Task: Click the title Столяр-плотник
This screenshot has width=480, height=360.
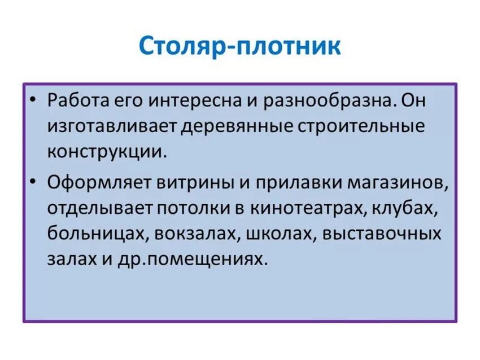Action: click(x=240, y=46)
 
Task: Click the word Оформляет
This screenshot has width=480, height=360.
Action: click(x=91, y=183)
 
